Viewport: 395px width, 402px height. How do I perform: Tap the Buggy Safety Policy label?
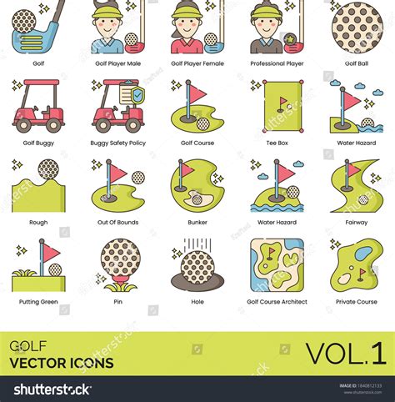pyautogui.click(x=117, y=143)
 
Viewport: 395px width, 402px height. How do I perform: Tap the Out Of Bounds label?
pyautogui.click(x=117, y=223)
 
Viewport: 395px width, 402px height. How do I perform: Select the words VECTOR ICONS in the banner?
pyautogui.click(x=62, y=363)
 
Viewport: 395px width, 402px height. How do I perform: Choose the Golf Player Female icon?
pyautogui.click(x=197, y=27)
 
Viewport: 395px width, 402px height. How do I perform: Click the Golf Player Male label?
pyautogui.click(x=117, y=63)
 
